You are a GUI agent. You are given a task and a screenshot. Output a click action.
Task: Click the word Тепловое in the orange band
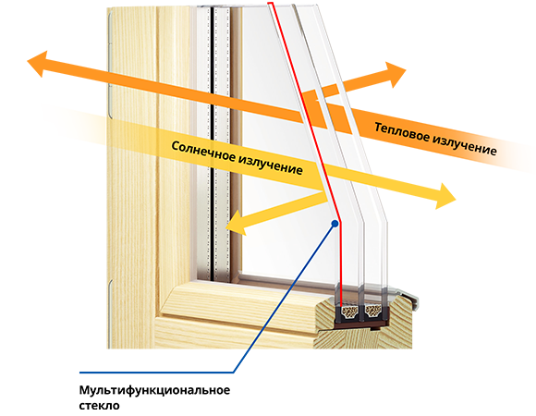402,132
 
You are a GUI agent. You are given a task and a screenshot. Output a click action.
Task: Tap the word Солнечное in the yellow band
203,152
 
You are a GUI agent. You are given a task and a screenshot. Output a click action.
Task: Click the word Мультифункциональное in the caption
154,390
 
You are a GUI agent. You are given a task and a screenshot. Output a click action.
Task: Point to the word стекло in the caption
99,406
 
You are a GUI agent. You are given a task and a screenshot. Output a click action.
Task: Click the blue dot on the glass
335,224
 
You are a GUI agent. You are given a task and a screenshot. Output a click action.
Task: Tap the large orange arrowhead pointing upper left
38,63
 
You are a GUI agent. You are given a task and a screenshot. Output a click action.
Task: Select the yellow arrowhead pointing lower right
445,197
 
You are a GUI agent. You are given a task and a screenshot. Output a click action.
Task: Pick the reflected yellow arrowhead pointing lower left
236,223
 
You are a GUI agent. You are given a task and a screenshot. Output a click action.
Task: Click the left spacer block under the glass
349,311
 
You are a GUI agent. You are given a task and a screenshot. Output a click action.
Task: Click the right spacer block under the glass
373,311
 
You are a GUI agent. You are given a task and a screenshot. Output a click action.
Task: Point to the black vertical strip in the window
213,143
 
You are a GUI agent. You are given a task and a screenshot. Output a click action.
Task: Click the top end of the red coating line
270,3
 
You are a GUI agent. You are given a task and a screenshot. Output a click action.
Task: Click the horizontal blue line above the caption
156,373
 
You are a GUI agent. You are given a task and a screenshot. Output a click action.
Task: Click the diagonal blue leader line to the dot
284,298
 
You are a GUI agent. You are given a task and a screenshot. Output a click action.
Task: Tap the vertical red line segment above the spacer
340,263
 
